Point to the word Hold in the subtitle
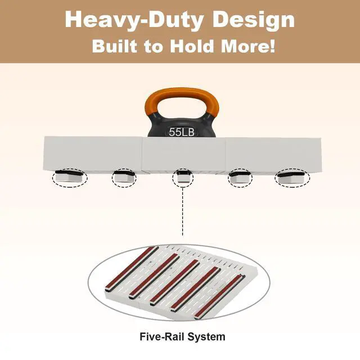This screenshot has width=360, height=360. tap(192, 46)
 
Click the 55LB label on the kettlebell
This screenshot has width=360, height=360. tap(182, 132)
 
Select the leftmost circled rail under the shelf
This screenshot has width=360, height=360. tap(70, 178)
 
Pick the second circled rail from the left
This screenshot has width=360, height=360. tap(124, 178)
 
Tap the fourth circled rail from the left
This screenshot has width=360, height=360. tap(240, 178)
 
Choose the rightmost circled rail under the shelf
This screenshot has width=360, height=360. tap(292, 178)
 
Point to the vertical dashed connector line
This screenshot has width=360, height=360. tap(183, 211)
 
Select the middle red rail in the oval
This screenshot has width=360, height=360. tap(174, 282)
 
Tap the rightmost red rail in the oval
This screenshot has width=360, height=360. tap(220, 297)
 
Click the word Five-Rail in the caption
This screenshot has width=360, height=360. tap(163, 337)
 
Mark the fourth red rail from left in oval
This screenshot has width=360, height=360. tap(196, 289)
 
